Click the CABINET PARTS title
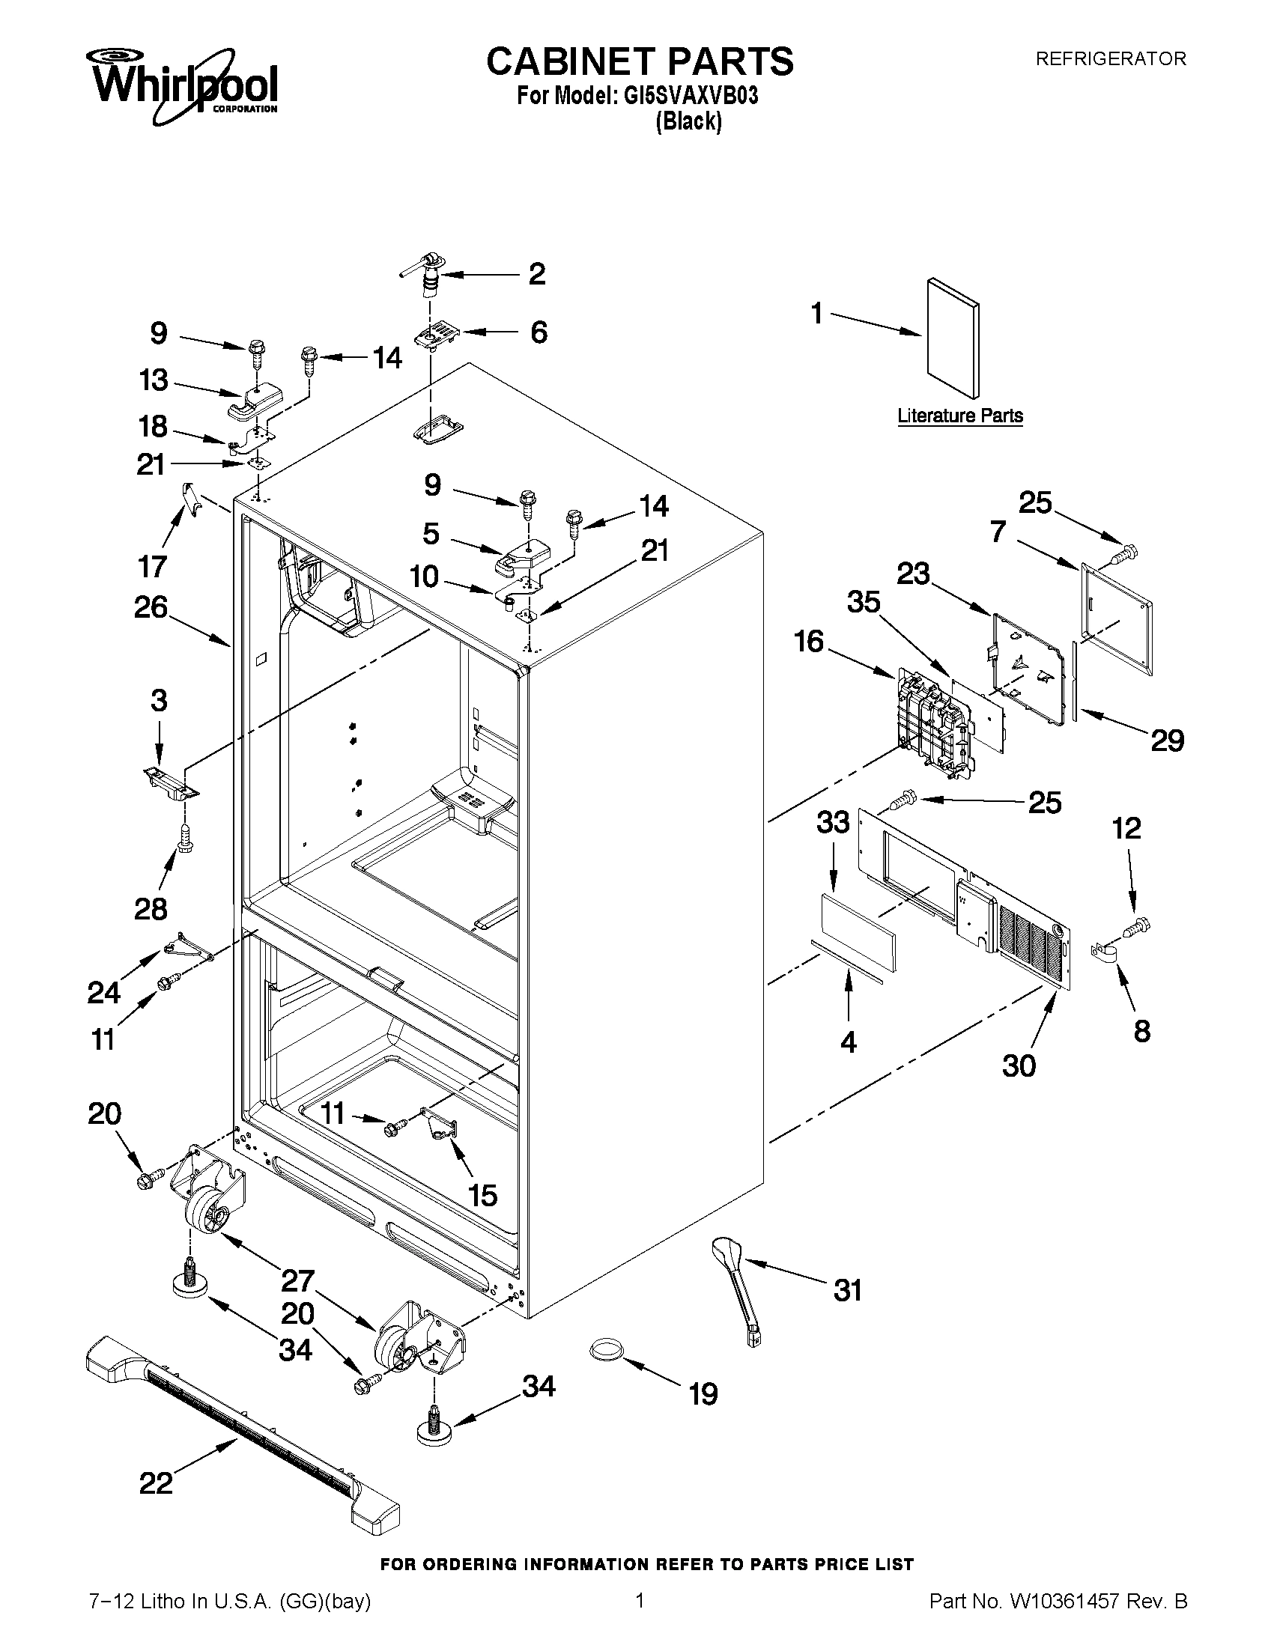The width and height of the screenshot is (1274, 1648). pos(640,61)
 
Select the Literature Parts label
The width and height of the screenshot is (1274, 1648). pos(960,416)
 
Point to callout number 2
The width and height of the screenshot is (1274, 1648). pos(536,274)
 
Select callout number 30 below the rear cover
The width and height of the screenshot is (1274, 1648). pos(1019,1065)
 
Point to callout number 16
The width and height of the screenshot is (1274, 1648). pos(809,642)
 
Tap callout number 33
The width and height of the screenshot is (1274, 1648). pos(832,821)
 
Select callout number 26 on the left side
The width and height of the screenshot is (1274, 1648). pos(151,606)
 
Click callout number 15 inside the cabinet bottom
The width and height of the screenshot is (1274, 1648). pos(483,1194)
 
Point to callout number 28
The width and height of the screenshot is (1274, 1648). pos(151,908)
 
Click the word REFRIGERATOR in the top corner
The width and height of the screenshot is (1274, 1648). pos(1110,59)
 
